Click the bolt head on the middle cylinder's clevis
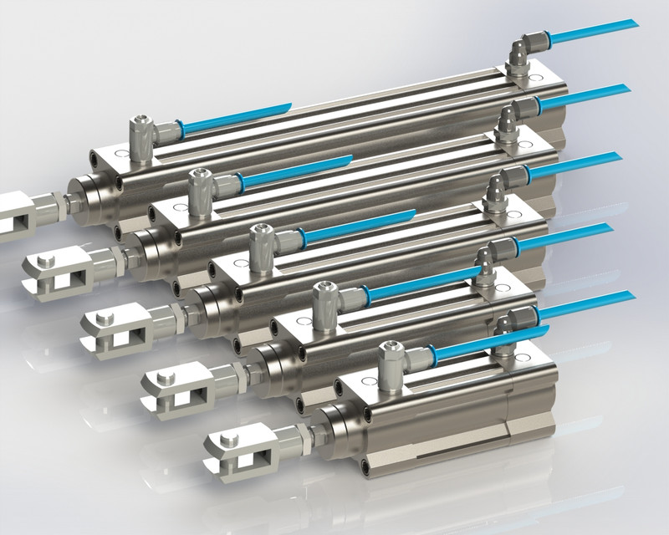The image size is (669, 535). coord(105,319)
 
